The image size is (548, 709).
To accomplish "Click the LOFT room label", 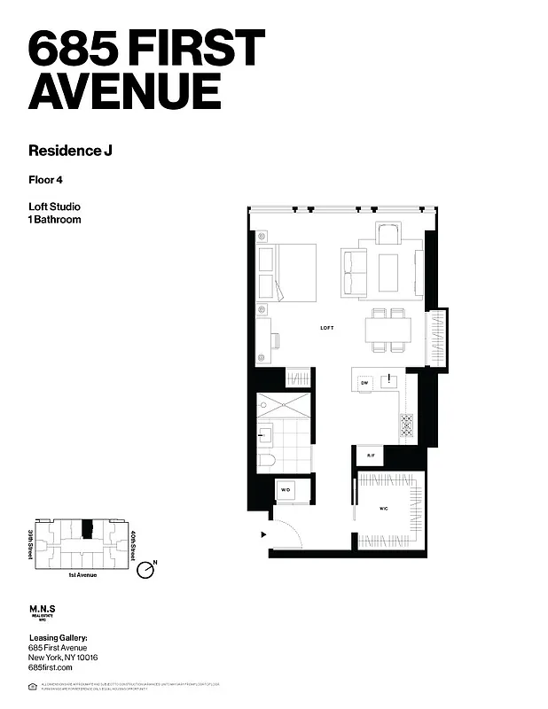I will (x=327, y=328).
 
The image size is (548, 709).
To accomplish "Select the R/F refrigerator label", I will (x=371, y=456).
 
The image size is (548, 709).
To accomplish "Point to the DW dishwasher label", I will (x=364, y=382).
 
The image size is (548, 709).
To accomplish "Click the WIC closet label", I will (x=384, y=509).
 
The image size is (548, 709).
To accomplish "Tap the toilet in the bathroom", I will (x=267, y=458).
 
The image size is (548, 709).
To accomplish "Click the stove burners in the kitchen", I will (x=406, y=425).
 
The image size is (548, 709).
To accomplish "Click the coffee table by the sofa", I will (x=388, y=272).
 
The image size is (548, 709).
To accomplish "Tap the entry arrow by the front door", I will (x=262, y=535).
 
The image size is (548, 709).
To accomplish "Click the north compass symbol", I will (x=147, y=571).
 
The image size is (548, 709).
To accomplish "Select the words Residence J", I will (x=70, y=150).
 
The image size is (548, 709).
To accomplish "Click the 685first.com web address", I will (x=50, y=667).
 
